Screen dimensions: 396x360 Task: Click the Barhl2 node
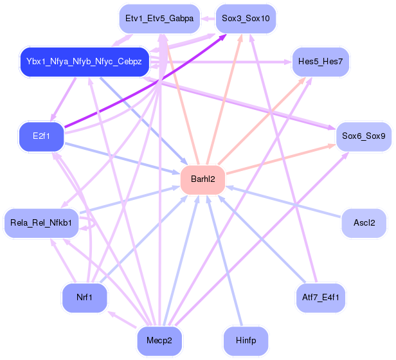[x=203, y=180]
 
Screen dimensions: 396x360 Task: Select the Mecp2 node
[x=159, y=341]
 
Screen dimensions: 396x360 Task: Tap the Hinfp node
[x=246, y=341]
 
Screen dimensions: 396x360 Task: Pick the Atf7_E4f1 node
[x=321, y=298]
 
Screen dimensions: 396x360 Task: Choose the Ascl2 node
[x=364, y=223]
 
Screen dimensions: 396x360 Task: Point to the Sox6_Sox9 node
[x=364, y=137]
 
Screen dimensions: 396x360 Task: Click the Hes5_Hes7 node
[x=321, y=62]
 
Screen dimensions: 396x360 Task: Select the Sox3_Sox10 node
[x=246, y=19]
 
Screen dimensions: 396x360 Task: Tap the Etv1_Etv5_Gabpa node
[x=159, y=19]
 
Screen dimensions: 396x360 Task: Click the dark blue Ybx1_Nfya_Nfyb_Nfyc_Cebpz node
[x=85, y=62]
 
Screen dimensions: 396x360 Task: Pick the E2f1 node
[x=41, y=137]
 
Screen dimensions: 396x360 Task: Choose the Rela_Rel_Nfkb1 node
[x=41, y=223]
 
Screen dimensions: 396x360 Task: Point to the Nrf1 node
[x=85, y=298]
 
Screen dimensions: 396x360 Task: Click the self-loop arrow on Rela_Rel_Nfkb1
[x=94, y=223]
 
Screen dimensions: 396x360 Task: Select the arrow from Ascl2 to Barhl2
[x=283, y=202]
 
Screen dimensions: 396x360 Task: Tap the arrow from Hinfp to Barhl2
[x=224, y=260]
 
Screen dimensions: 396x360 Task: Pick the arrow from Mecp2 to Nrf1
[x=122, y=319]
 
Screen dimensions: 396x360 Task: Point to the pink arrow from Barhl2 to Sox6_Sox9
[x=281, y=159]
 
